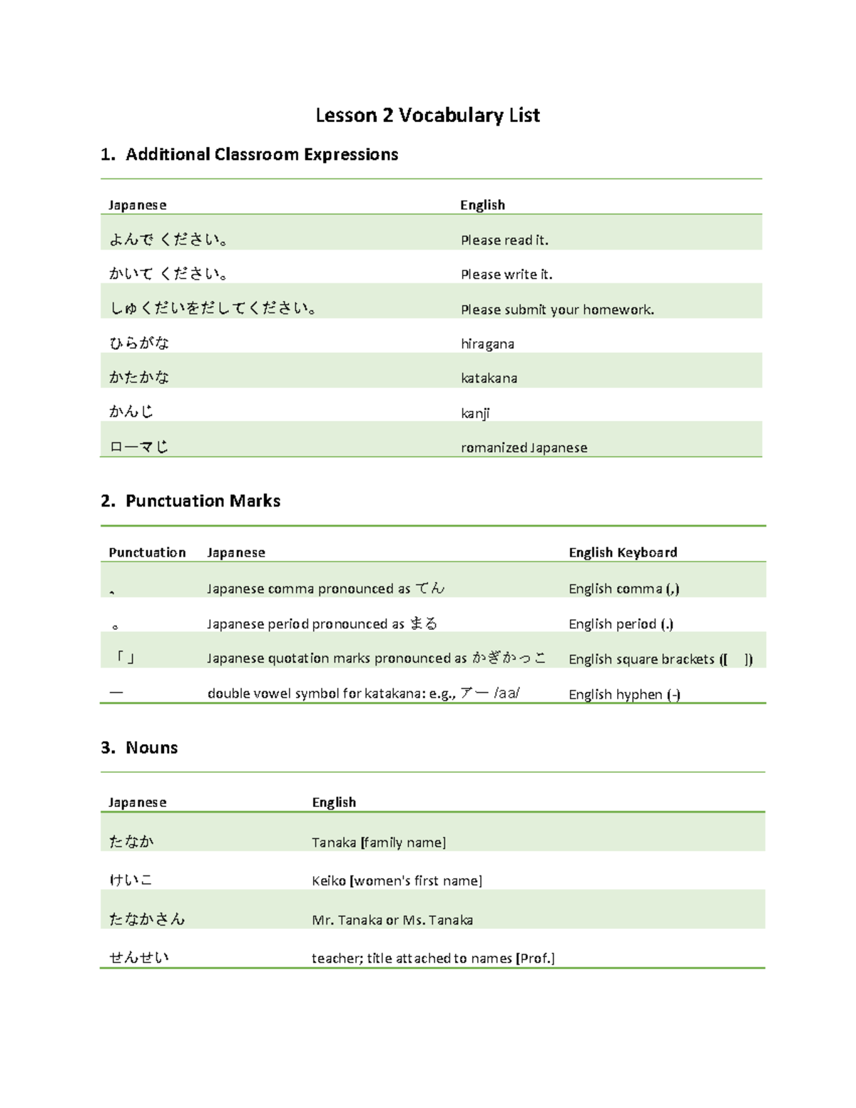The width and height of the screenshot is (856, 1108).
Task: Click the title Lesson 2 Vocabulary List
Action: [427, 116]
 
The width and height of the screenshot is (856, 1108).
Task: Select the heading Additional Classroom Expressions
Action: [261, 155]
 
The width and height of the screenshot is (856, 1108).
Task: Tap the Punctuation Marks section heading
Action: [203, 501]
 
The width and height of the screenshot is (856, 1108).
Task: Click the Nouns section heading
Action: [151, 748]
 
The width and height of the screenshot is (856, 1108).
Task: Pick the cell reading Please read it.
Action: [504, 240]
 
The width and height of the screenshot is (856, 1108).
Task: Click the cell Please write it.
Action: [506, 275]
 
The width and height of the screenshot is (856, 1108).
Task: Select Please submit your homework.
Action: [557, 310]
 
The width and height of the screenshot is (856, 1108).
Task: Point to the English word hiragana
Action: [487, 344]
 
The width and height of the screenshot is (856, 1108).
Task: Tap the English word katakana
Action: [489, 378]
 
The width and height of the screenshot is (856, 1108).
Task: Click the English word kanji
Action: [475, 413]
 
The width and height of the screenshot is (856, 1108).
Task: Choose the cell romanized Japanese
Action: [524, 448]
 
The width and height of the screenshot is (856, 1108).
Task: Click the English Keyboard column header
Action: [623, 552]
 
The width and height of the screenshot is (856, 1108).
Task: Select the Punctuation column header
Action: [147, 552]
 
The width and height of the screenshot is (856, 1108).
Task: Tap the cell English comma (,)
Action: [623, 589]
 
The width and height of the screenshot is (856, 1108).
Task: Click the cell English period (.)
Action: [621, 624]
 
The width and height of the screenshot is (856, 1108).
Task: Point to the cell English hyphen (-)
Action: [624, 694]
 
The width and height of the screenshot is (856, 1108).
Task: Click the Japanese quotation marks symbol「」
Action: [126, 658]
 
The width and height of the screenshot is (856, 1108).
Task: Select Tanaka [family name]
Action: [379, 843]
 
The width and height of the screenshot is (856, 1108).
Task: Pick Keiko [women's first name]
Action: [397, 881]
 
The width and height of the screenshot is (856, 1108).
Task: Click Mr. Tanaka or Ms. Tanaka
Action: [392, 920]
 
